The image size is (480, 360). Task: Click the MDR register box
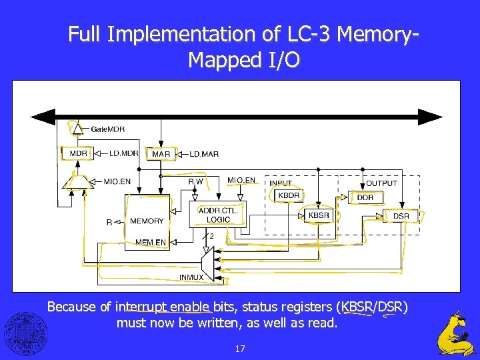tap(78, 153)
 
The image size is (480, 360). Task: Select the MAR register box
tap(161, 154)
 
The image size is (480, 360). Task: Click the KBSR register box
tap(319, 215)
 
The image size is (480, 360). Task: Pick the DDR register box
tap(365, 197)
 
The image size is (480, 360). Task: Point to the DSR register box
tap(401, 216)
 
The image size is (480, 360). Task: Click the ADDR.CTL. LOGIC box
tap(218, 215)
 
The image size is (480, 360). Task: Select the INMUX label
tap(191, 277)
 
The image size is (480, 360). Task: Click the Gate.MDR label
tap(107, 129)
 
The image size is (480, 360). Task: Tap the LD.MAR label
tap(204, 154)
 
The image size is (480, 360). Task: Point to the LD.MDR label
tap(123, 153)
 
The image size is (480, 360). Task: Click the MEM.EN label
tap(151, 242)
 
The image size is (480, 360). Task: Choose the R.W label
tap(195, 181)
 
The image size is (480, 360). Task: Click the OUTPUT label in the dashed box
tap(381, 183)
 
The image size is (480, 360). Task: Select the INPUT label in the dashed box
tap(281, 183)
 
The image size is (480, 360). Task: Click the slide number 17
tap(240, 349)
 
